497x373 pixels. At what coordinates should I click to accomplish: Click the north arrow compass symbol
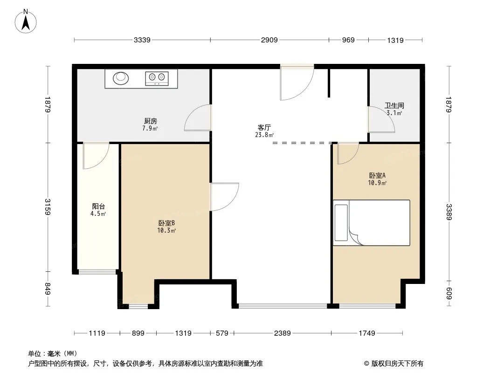(x=26, y=21)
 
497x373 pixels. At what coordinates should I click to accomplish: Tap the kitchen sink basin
(x=121, y=78)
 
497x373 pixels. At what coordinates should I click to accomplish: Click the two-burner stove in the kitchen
(x=157, y=79)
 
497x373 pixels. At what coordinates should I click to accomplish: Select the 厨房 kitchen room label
(x=151, y=121)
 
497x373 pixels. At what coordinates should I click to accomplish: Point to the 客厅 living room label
(x=264, y=127)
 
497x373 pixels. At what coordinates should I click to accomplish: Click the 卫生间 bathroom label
(x=394, y=105)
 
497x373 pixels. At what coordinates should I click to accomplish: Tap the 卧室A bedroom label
(x=377, y=176)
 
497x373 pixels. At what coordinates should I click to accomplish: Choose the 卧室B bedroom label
(x=166, y=223)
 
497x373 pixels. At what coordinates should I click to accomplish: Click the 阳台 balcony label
(x=98, y=207)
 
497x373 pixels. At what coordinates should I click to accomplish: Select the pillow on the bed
(x=341, y=222)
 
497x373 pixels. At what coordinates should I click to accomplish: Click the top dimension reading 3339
(x=142, y=40)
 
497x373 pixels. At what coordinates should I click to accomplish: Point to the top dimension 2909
(x=269, y=40)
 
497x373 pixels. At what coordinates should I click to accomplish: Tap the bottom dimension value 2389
(x=283, y=333)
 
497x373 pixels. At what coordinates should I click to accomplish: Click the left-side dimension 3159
(x=48, y=207)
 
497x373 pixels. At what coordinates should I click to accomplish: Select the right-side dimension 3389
(x=449, y=212)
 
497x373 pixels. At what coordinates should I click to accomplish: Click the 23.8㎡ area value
(x=264, y=135)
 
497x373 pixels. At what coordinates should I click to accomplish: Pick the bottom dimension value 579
(x=222, y=333)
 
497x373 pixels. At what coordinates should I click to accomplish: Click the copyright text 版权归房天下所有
(x=397, y=364)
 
